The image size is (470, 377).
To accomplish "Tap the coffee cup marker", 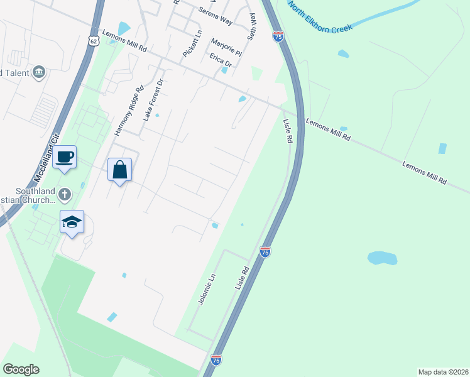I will pos(65,157).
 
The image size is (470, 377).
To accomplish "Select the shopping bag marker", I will pos(119,170).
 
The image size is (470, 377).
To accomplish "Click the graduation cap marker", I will pos(72,222).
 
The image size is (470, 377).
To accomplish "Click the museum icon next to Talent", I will pos(39,72).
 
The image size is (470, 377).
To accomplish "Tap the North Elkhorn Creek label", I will pos(320,18).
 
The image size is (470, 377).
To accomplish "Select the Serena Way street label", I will pos(216,16).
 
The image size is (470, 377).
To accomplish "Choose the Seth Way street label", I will pos(252,26).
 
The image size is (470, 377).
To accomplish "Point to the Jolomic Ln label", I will pos(207,288).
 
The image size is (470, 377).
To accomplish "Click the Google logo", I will pos(21,369).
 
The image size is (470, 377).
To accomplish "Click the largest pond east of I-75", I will pos(382,258).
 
